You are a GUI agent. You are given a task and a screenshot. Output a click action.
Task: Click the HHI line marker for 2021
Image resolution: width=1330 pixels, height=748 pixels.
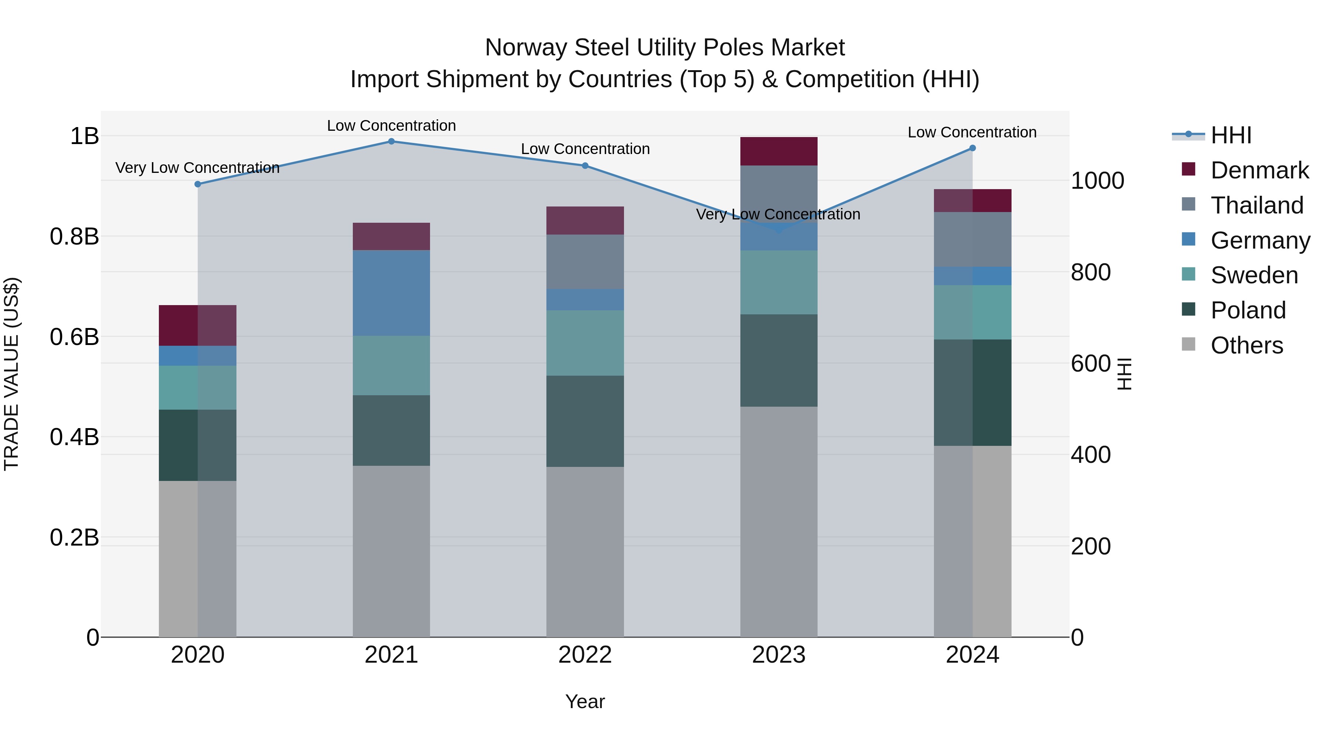[391, 141]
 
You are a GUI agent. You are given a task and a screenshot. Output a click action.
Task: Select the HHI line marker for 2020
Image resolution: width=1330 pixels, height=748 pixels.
[198, 184]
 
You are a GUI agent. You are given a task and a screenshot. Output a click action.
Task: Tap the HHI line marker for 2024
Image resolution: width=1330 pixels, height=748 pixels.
[972, 148]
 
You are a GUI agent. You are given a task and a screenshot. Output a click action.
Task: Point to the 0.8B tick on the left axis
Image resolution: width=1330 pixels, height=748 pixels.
[74, 237]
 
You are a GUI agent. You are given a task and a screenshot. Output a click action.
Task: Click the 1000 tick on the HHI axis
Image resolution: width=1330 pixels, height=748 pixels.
[1097, 181]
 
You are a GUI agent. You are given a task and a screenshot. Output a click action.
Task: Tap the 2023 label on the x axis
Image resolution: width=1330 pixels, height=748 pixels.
[778, 655]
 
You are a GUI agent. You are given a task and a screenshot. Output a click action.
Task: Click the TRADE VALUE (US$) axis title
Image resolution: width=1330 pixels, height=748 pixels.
[11, 374]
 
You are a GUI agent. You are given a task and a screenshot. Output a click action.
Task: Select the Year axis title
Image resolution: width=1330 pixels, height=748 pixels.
[584, 701]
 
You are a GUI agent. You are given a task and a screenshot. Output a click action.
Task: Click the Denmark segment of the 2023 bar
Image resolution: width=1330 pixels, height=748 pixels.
[778, 151]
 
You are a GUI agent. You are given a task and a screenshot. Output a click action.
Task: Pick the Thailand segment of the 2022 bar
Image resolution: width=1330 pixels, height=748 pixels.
[585, 262]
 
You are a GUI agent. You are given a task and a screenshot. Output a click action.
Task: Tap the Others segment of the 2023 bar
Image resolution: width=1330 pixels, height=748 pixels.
[778, 521]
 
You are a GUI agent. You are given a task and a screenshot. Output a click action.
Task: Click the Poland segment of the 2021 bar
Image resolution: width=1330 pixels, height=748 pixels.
[391, 431]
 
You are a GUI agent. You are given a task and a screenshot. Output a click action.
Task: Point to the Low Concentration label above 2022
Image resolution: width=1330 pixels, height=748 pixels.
[585, 149]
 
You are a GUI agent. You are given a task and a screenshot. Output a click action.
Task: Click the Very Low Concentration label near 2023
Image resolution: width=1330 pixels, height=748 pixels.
[778, 214]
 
